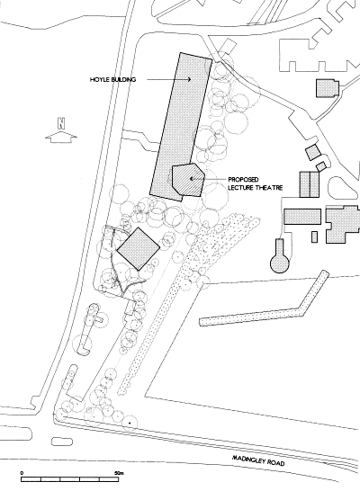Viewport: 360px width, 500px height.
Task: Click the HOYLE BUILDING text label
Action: coord(112,79)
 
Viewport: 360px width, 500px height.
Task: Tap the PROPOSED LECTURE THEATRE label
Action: coord(256,183)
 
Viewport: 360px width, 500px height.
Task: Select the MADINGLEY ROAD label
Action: coord(258,460)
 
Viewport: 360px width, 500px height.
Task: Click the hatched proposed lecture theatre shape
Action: coord(188,179)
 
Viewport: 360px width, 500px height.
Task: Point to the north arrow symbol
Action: coord(61,138)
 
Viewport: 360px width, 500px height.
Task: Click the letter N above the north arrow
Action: coord(61,123)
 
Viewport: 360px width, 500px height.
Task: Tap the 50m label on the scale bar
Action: coord(119,473)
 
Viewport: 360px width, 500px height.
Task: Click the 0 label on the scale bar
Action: coord(22,473)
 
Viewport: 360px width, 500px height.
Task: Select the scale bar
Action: coord(70,479)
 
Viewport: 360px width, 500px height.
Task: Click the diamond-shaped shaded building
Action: coord(139,249)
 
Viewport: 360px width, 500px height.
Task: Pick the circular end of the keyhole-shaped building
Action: coord(280,263)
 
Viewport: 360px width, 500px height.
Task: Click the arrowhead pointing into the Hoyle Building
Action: coord(189,79)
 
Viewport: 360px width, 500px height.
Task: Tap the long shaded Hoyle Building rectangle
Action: coord(181,127)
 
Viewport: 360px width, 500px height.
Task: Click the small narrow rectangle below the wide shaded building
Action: coord(314,237)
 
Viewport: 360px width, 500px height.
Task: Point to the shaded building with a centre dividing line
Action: coord(309,184)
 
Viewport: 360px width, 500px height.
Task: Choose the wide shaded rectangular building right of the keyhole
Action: coord(302,217)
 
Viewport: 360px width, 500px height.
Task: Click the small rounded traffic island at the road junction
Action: coord(62,442)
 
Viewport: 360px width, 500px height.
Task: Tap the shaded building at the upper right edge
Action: coord(327,88)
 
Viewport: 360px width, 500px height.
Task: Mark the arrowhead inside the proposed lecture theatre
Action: coord(192,179)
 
